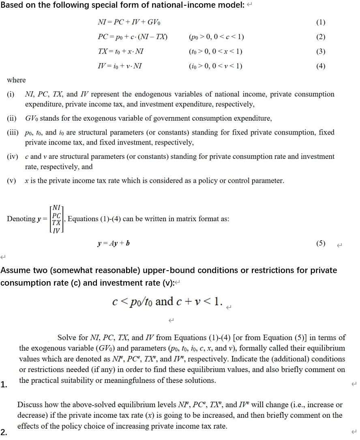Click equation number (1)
320,22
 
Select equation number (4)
320,66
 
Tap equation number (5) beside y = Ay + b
320,244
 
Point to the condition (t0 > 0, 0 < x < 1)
216,51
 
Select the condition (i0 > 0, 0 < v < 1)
216,66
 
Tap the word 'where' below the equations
16,80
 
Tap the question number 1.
3,385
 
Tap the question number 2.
3,432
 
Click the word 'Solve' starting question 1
67,337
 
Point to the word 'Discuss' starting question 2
29,405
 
